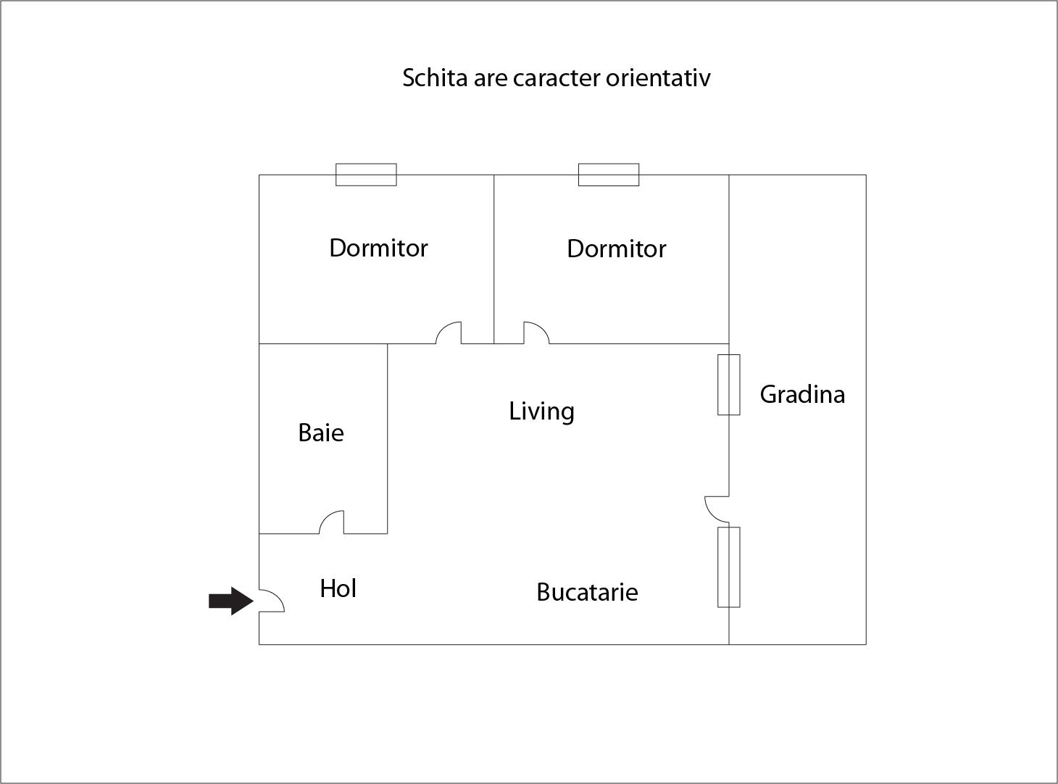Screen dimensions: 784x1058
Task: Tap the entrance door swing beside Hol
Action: pos(272,600)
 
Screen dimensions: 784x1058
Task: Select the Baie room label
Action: pos(321,433)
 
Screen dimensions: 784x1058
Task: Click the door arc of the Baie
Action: pos(332,522)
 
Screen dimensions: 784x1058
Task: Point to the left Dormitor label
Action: pos(378,249)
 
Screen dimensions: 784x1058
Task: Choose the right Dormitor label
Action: pos(616,249)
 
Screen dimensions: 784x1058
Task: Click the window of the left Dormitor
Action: pos(366,175)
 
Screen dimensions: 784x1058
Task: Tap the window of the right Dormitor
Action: pos(609,175)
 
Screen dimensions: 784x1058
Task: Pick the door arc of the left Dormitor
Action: pos(449,333)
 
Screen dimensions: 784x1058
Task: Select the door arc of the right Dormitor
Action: pos(536,333)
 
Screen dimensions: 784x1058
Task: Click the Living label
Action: pos(541,412)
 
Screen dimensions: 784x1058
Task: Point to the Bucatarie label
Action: pos(587,593)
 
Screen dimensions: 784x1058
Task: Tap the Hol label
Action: pos(338,588)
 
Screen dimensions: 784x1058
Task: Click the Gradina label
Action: pos(802,394)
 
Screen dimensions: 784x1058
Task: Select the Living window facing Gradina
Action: pos(729,385)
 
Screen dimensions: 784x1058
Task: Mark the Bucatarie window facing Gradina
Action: pos(729,567)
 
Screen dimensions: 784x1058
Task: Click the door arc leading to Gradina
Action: pos(717,509)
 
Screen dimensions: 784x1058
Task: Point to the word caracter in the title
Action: pos(557,78)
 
